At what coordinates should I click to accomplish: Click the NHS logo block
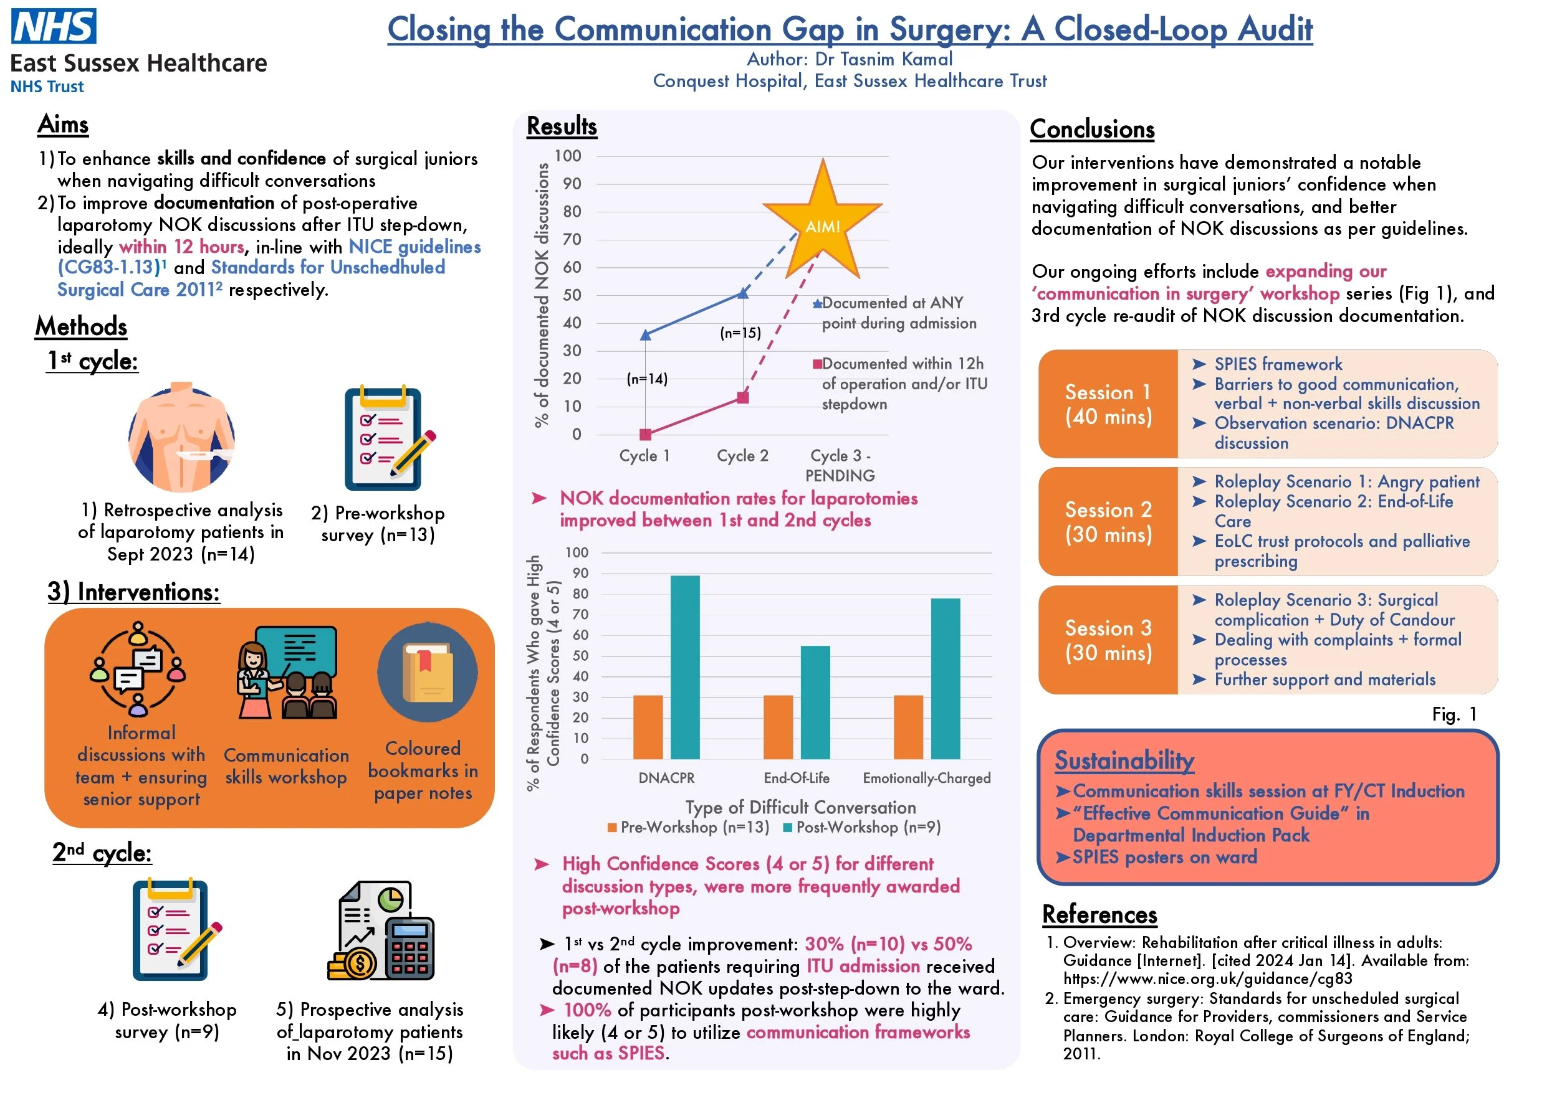click(54, 26)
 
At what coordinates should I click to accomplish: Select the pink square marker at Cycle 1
click(646, 434)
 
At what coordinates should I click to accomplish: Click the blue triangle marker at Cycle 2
click(743, 293)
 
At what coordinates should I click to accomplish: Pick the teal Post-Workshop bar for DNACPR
click(685, 668)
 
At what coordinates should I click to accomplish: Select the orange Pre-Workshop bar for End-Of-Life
click(778, 727)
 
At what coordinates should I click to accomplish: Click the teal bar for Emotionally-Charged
click(946, 679)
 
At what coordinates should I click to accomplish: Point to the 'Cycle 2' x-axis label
click(742, 456)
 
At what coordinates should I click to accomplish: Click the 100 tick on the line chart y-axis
click(567, 156)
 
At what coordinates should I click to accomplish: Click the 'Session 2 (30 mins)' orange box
click(1108, 522)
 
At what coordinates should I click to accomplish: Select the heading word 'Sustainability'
click(1124, 760)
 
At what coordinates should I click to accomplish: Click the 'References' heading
click(1099, 914)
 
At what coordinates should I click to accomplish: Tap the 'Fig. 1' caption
click(1454, 714)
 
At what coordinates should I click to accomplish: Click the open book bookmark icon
click(427, 673)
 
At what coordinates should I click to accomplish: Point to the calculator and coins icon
click(381, 930)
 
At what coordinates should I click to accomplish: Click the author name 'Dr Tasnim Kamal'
click(883, 59)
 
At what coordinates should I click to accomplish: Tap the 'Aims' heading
click(64, 125)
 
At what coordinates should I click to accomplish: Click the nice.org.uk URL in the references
click(1207, 978)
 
